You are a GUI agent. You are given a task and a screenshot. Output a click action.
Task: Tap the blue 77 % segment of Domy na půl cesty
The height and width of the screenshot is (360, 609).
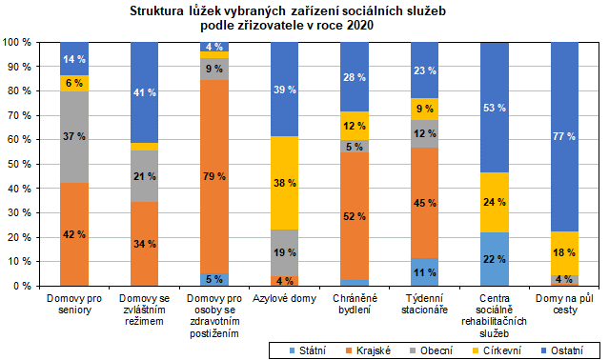(x=563, y=136)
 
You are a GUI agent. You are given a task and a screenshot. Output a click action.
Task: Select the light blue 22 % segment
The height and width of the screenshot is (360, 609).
(x=495, y=258)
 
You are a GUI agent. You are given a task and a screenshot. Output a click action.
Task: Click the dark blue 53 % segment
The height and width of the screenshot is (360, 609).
(x=495, y=108)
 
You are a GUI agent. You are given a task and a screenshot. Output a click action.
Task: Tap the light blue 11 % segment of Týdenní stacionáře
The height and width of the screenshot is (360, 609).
(x=426, y=271)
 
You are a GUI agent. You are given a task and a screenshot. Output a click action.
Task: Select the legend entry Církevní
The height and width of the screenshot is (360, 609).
(x=495, y=350)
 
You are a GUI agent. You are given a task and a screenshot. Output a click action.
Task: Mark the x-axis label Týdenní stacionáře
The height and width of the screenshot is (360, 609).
(x=426, y=305)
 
